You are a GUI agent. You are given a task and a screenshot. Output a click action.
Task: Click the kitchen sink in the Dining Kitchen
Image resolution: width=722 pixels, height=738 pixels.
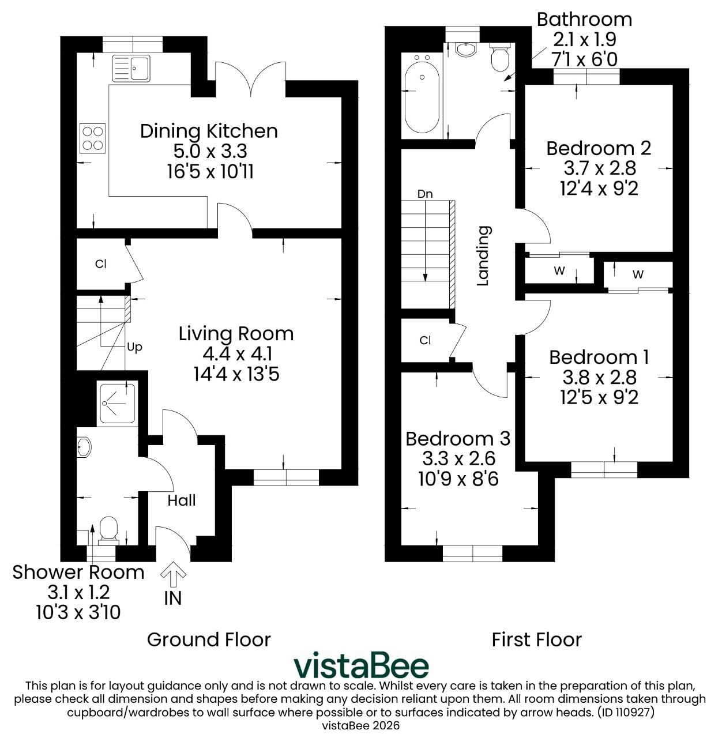(x=131, y=69)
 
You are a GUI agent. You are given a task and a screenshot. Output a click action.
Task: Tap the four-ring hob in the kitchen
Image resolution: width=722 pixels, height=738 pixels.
(x=93, y=138)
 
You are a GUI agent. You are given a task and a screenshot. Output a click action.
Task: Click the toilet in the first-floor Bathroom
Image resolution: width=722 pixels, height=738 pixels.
(x=499, y=57)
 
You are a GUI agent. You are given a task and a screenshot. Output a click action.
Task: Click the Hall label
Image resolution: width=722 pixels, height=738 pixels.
(x=182, y=500)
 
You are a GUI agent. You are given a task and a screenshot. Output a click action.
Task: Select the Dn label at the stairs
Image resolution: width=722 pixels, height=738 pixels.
(x=425, y=194)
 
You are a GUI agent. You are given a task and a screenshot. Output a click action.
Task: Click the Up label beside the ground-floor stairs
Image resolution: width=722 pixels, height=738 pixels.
(x=134, y=347)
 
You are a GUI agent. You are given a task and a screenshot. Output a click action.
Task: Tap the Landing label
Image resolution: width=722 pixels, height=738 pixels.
(x=483, y=255)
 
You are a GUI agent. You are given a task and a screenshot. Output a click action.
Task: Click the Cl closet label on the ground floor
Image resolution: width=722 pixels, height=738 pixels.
(x=100, y=263)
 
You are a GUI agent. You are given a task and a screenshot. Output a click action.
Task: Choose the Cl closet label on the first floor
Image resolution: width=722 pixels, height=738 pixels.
(x=425, y=340)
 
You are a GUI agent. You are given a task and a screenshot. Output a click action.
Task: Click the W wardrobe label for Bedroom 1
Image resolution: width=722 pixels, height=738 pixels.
(x=638, y=274)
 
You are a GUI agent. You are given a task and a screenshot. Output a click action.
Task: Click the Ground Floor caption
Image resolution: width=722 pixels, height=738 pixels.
(x=209, y=639)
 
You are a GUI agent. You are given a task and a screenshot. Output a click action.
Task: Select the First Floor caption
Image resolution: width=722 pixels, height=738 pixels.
(x=536, y=640)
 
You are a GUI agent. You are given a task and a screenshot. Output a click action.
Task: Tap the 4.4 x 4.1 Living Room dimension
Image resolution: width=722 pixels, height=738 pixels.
(x=237, y=354)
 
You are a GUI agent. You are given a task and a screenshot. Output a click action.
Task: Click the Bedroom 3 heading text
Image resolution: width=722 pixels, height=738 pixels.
(x=458, y=439)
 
